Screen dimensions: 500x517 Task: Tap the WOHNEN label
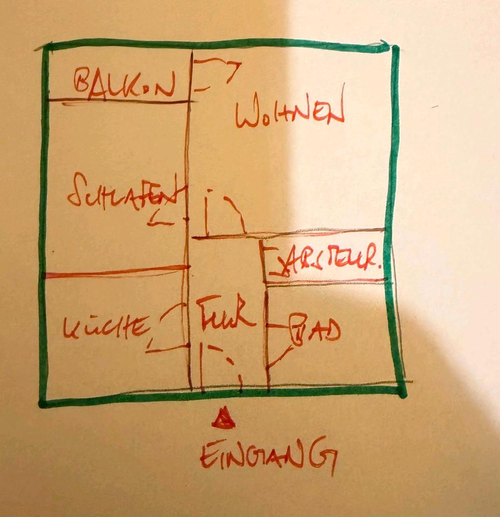290,113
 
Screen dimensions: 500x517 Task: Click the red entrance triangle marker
223,419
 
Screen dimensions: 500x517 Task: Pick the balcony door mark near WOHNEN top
216,73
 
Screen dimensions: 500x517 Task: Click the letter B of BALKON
84,82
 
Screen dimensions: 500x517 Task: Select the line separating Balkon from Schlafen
119,101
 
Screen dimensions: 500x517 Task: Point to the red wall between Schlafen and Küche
116,271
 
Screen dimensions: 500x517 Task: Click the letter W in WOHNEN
247,115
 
